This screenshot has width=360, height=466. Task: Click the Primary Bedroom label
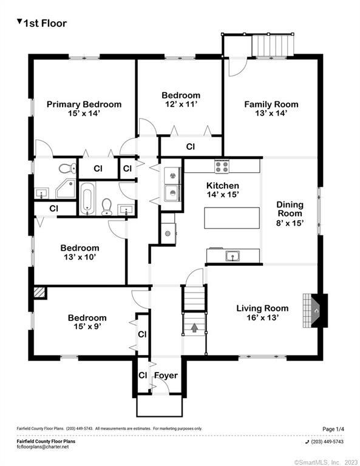coord(84,104)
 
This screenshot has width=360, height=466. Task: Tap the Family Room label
coord(271,104)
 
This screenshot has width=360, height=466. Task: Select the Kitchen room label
coord(222,186)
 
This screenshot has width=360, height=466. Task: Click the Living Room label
coord(262,308)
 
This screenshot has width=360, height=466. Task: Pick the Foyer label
coord(165,376)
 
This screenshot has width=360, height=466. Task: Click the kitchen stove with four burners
coord(221,165)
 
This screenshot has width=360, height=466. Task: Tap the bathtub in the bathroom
coord(88,198)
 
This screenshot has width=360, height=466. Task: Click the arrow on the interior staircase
coord(194,328)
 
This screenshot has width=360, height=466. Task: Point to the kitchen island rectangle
coord(227,218)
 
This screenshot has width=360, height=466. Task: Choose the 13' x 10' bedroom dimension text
coord(80,257)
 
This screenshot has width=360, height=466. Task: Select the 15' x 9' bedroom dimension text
coord(87,327)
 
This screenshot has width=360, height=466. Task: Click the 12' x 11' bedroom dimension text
coord(180,104)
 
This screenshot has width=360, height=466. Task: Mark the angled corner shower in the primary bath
coord(66,189)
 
